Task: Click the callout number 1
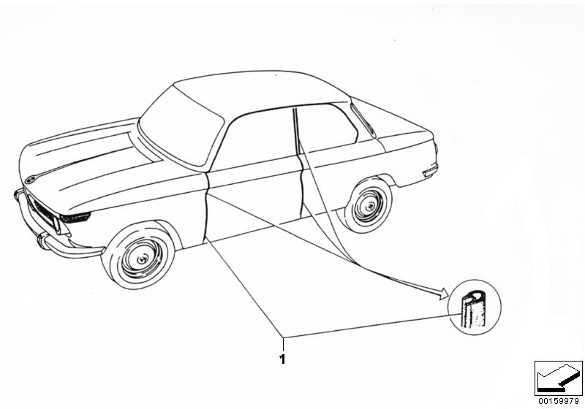click(x=282, y=359)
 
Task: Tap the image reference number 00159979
click(x=559, y=401)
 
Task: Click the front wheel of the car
click(x=139, y=256)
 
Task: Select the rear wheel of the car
click(x=368, y=206)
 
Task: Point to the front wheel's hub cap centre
click(x=142, y=259)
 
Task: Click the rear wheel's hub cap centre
click(x=370, y=205)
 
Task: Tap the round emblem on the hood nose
click(x=30, y=180)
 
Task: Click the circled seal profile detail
click(x=474, y=307)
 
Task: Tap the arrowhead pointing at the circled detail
click(x=443, y=293)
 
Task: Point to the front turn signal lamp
click(x=75, y=217)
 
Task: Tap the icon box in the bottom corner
click(x=558, y=378)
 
